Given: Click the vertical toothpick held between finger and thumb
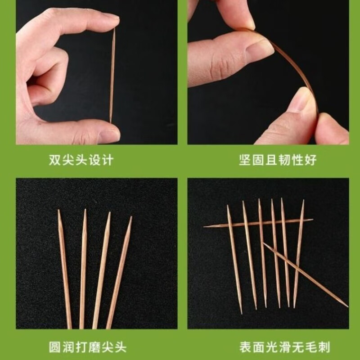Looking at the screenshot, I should tap(112, 76).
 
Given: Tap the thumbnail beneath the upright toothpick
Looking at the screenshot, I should tap(109, 135).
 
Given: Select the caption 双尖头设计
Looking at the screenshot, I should tap(81, 160).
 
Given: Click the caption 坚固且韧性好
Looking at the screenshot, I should tap(278, 160).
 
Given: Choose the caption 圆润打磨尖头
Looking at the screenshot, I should tap(88, 347).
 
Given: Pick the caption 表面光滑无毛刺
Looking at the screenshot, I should tap(284, 347).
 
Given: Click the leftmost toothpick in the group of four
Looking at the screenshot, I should tap(65, 270).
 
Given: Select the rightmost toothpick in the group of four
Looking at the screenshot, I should tap(119, 274).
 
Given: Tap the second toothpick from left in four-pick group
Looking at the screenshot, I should tap(83, 270).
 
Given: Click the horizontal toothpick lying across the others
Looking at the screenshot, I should tap(258, 223).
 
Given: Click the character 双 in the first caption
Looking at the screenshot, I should tap(55, 160).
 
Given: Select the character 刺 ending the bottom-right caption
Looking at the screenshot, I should tap(324, 347).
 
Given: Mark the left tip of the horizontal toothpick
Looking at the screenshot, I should tap(205, 226).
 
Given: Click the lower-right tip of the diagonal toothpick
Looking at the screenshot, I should tap(346, 306).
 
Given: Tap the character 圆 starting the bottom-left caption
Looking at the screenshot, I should tap(55, 347).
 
